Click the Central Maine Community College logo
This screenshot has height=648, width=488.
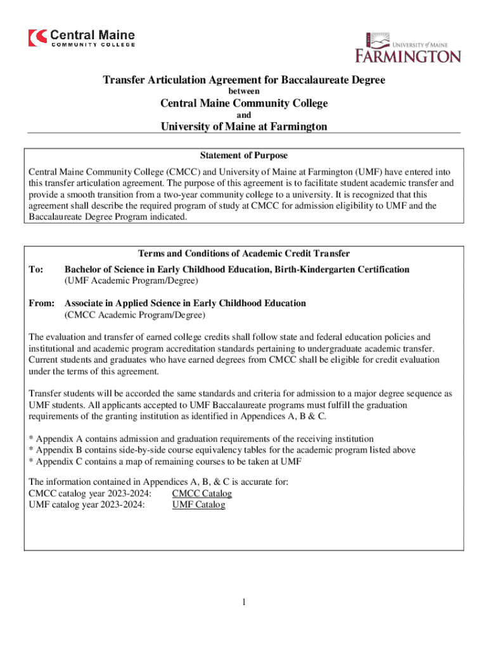point(81,37)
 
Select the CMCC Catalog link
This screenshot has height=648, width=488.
point(202,494)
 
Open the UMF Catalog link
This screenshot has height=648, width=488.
point(198,505)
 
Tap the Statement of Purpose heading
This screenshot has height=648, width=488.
point(244,155)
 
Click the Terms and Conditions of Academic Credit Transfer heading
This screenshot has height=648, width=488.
point(244,254)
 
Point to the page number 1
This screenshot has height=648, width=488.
point(243,602)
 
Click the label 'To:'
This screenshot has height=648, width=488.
point(36,270)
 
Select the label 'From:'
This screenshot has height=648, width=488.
point(41,304)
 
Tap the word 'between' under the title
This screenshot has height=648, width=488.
point(244,92)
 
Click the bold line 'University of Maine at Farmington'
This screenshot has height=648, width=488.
point(244,127)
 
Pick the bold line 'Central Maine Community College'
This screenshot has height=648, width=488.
point(244,104)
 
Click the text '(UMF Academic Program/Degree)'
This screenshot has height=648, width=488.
point(131,280)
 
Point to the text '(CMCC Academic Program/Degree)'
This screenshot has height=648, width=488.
point(135,315)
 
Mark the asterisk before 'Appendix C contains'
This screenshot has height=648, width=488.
point(31,461)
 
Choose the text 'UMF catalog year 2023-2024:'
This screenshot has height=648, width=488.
point(87,505)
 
